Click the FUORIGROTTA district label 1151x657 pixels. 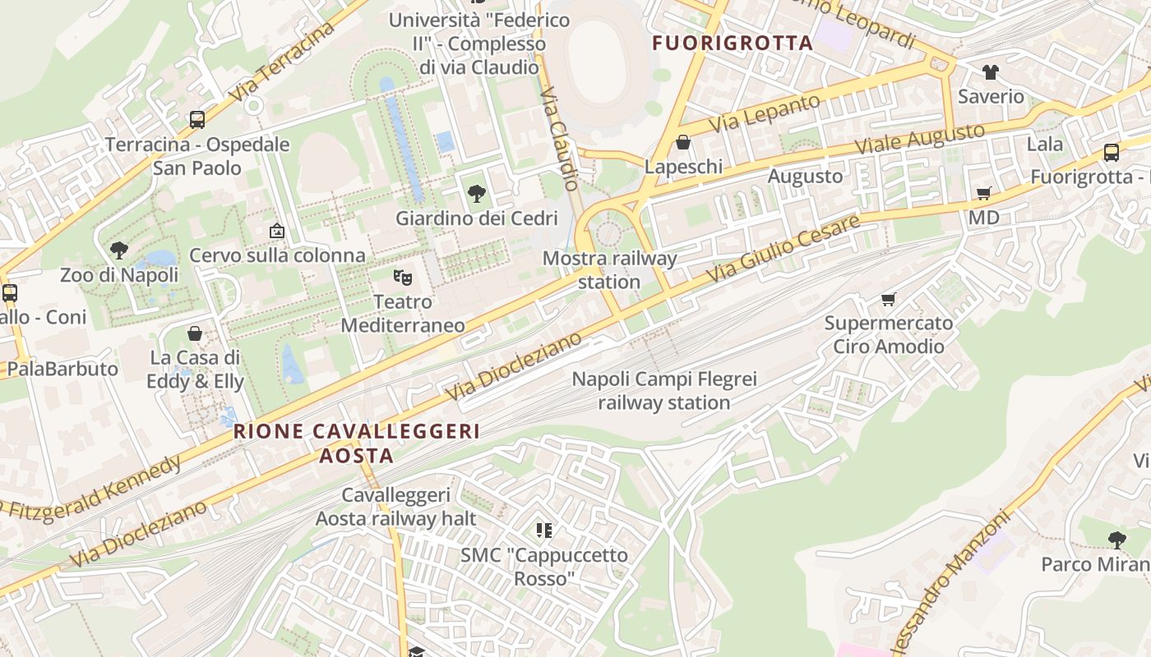(x=733, y=44)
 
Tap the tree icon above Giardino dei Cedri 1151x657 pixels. (x=476, y=194)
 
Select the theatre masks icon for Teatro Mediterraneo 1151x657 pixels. (x=402, y=278)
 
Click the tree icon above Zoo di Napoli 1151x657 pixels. (x=119, y=250)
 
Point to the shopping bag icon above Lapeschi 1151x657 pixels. (x=682, y=143)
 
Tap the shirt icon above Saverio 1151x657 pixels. (x=990, y=72)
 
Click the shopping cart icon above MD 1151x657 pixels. (x=983, y=193)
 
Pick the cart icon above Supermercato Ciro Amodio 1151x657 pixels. (x=888, y=299)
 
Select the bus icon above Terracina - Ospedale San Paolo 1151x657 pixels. (x=197, y=120)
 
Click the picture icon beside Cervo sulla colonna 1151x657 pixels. (x=277, y=232)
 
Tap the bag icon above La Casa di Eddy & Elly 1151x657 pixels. (x=195, y=333)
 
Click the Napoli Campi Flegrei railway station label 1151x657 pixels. (x=664, y=391)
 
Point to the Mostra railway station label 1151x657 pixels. (x=609, y=270)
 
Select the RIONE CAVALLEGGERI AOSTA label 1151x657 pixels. (x=357, y=443)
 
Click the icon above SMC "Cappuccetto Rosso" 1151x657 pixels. (x=543, y=531)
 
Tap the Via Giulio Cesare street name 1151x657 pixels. (x=784, y=249)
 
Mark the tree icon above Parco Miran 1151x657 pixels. (x=1116, y=540)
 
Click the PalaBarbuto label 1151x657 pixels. (x=62, y=369)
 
